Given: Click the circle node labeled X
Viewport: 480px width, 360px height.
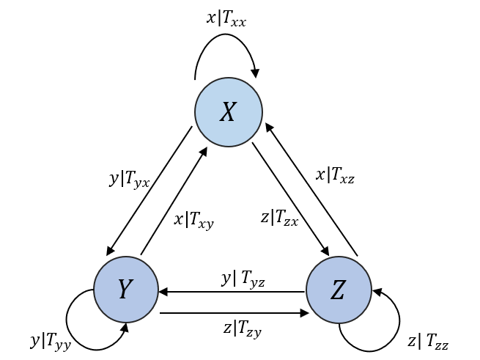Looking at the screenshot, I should point(229,112).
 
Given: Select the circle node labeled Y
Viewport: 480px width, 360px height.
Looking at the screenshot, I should point(126,290).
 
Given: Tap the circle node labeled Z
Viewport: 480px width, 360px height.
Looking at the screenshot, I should point(339,290).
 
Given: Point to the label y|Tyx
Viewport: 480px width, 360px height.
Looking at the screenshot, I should point(129,179).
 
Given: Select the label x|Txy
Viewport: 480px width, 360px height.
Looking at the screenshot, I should point(193,219).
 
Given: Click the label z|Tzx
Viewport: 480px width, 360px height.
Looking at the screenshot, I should point(279,218).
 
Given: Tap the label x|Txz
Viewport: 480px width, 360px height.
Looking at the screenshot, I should point(335,175).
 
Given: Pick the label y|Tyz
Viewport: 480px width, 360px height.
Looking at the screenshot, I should point(243,279).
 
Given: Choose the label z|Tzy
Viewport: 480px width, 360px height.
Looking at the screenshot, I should point(242,328).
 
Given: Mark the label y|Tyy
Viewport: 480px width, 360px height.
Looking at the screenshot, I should point(50,341).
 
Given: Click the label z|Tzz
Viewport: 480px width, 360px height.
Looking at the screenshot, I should point(427,341).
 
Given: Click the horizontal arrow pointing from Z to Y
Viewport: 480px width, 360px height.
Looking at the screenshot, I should point(232,292).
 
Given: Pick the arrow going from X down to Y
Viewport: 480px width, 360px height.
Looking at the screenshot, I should point(149,191).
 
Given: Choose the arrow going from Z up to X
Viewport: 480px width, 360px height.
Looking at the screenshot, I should point(311,189).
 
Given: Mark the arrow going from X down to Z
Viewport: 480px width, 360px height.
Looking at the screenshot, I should point(291,199).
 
